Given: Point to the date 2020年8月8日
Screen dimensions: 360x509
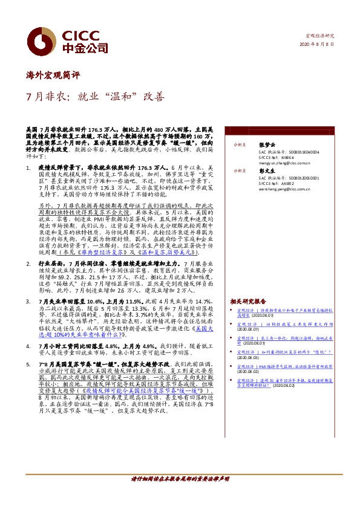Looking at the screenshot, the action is [x=315, y=45].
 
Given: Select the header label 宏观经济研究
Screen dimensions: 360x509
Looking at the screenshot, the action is [x=318, y=36].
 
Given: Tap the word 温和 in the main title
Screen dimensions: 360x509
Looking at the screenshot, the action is [x=129, y=97].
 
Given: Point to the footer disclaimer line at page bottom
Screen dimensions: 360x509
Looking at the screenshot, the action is [x=180, y=494].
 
